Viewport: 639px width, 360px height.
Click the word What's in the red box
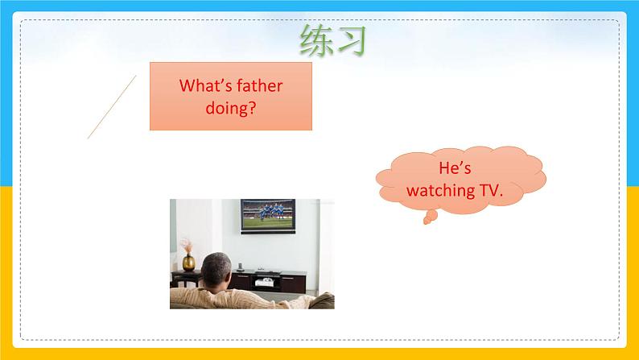coord(205,85)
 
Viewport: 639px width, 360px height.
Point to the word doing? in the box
coord(231,108)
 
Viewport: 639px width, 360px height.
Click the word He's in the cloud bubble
coord(455,168)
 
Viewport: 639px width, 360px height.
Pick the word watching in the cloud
coord(440,191)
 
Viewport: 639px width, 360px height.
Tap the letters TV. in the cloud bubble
coord(491,190)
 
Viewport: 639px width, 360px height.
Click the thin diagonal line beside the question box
coord(112,107)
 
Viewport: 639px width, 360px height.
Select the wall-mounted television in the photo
coord(268,216)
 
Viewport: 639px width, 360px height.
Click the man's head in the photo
coord(216,271)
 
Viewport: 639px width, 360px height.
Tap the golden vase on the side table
coord(188,263)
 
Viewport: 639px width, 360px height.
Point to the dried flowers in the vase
coord(187,246)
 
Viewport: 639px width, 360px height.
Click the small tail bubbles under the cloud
coord(430,217)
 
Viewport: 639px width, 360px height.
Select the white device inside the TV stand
coord(264,282)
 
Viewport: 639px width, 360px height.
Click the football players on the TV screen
coord(270,212)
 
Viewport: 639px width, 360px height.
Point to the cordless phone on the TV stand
coord(240,267)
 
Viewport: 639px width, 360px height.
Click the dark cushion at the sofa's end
coord(323,301)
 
